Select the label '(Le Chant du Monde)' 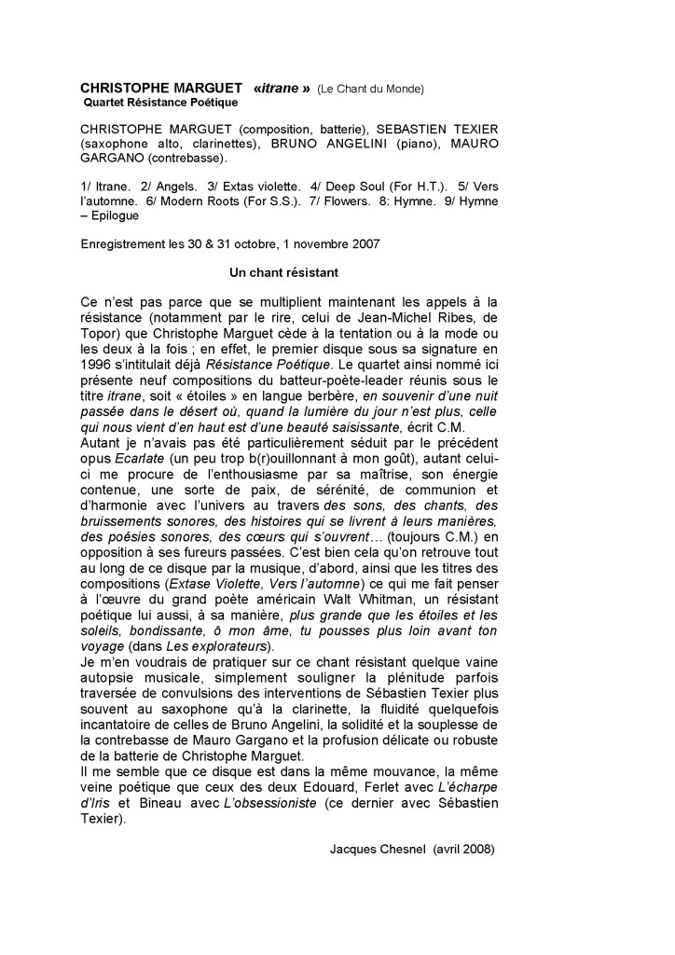coord(370,89)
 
